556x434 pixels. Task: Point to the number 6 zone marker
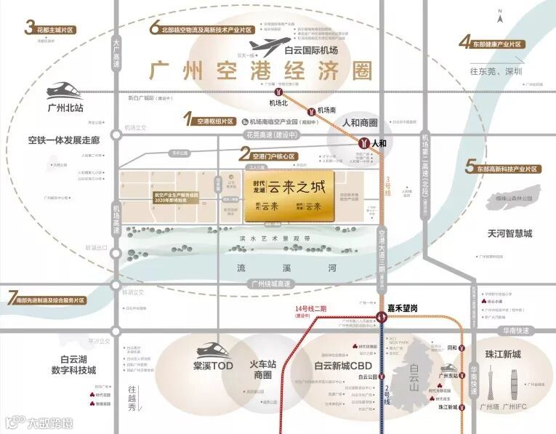pyautogui.click(x=154, y=29)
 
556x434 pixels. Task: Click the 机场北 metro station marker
pyautogui.click(x=277, y=92)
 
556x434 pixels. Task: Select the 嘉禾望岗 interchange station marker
pyautogui.click(x=381, y=317)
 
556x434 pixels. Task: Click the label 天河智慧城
pyautogui.click(x=510, y=233)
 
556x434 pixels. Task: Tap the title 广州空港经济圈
pyautogui.click(x=260, y=71)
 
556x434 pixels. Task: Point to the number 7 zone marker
pyautogui.click(x=12, y=298)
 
